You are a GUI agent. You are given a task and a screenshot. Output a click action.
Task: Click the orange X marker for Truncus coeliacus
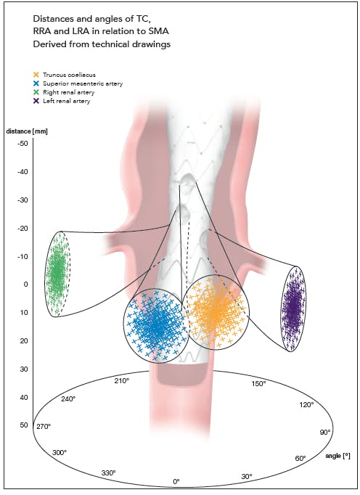coord(36,75)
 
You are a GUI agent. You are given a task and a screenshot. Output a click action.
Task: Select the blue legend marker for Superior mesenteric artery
coord(36,83)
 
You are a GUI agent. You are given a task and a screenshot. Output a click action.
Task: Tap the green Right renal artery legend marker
coord(36,92)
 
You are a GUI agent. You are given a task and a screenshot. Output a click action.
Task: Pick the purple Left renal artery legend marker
coord(36,101)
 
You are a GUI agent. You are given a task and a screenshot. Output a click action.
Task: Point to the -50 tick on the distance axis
coord(22,144)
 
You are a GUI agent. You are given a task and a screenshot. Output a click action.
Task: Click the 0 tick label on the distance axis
coord(26,285)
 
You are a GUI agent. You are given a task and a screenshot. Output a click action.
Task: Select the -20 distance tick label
coord(22,228)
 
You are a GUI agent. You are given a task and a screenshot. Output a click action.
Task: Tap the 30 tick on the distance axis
coord(24,369)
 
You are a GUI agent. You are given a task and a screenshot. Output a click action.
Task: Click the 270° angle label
coord(44,427)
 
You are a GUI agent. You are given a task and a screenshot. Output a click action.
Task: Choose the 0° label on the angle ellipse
coord(176,481)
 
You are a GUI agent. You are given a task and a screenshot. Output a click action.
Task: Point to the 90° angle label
coord(325,432)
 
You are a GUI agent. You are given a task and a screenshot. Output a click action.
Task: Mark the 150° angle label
coord(258,383)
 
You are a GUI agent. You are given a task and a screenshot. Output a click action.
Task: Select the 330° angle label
coord(108,473)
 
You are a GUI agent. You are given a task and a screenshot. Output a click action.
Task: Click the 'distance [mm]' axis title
coord(27,131)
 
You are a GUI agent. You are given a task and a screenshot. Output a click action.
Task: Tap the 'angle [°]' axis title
coord(337,456)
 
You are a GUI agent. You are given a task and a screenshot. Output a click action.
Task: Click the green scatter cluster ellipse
coord(57,274)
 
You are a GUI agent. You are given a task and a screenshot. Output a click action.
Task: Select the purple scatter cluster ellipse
coord(293,308)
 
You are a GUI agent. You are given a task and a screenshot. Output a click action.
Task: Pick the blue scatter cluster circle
coord(157,325)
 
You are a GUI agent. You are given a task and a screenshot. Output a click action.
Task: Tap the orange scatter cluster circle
coord(216,312)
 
